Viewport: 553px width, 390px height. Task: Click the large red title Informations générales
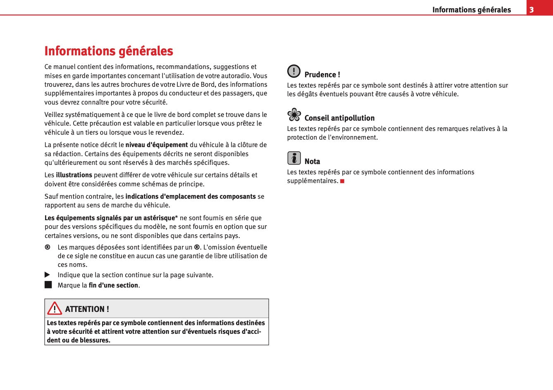109,51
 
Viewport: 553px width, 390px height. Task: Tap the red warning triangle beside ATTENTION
54,309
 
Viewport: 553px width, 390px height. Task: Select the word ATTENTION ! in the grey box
87,309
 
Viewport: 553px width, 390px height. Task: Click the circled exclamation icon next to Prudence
294,71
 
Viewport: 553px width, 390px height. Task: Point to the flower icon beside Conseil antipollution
294,114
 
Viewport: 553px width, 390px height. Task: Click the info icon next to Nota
294,158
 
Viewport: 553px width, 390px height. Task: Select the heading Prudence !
322,75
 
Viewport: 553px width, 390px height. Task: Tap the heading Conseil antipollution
339,118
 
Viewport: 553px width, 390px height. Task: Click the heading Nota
312,162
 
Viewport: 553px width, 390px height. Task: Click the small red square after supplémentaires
342,181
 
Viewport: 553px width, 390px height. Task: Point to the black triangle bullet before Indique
48,275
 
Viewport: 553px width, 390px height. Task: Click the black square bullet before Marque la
48,285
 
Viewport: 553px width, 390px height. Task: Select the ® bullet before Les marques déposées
48,247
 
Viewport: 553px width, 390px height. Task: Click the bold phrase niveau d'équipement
157,145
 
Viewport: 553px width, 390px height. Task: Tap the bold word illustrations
74,175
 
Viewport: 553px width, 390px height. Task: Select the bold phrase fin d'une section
113,285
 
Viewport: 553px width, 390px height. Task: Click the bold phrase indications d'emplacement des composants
191,197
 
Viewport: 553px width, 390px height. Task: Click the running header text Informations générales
472,10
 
